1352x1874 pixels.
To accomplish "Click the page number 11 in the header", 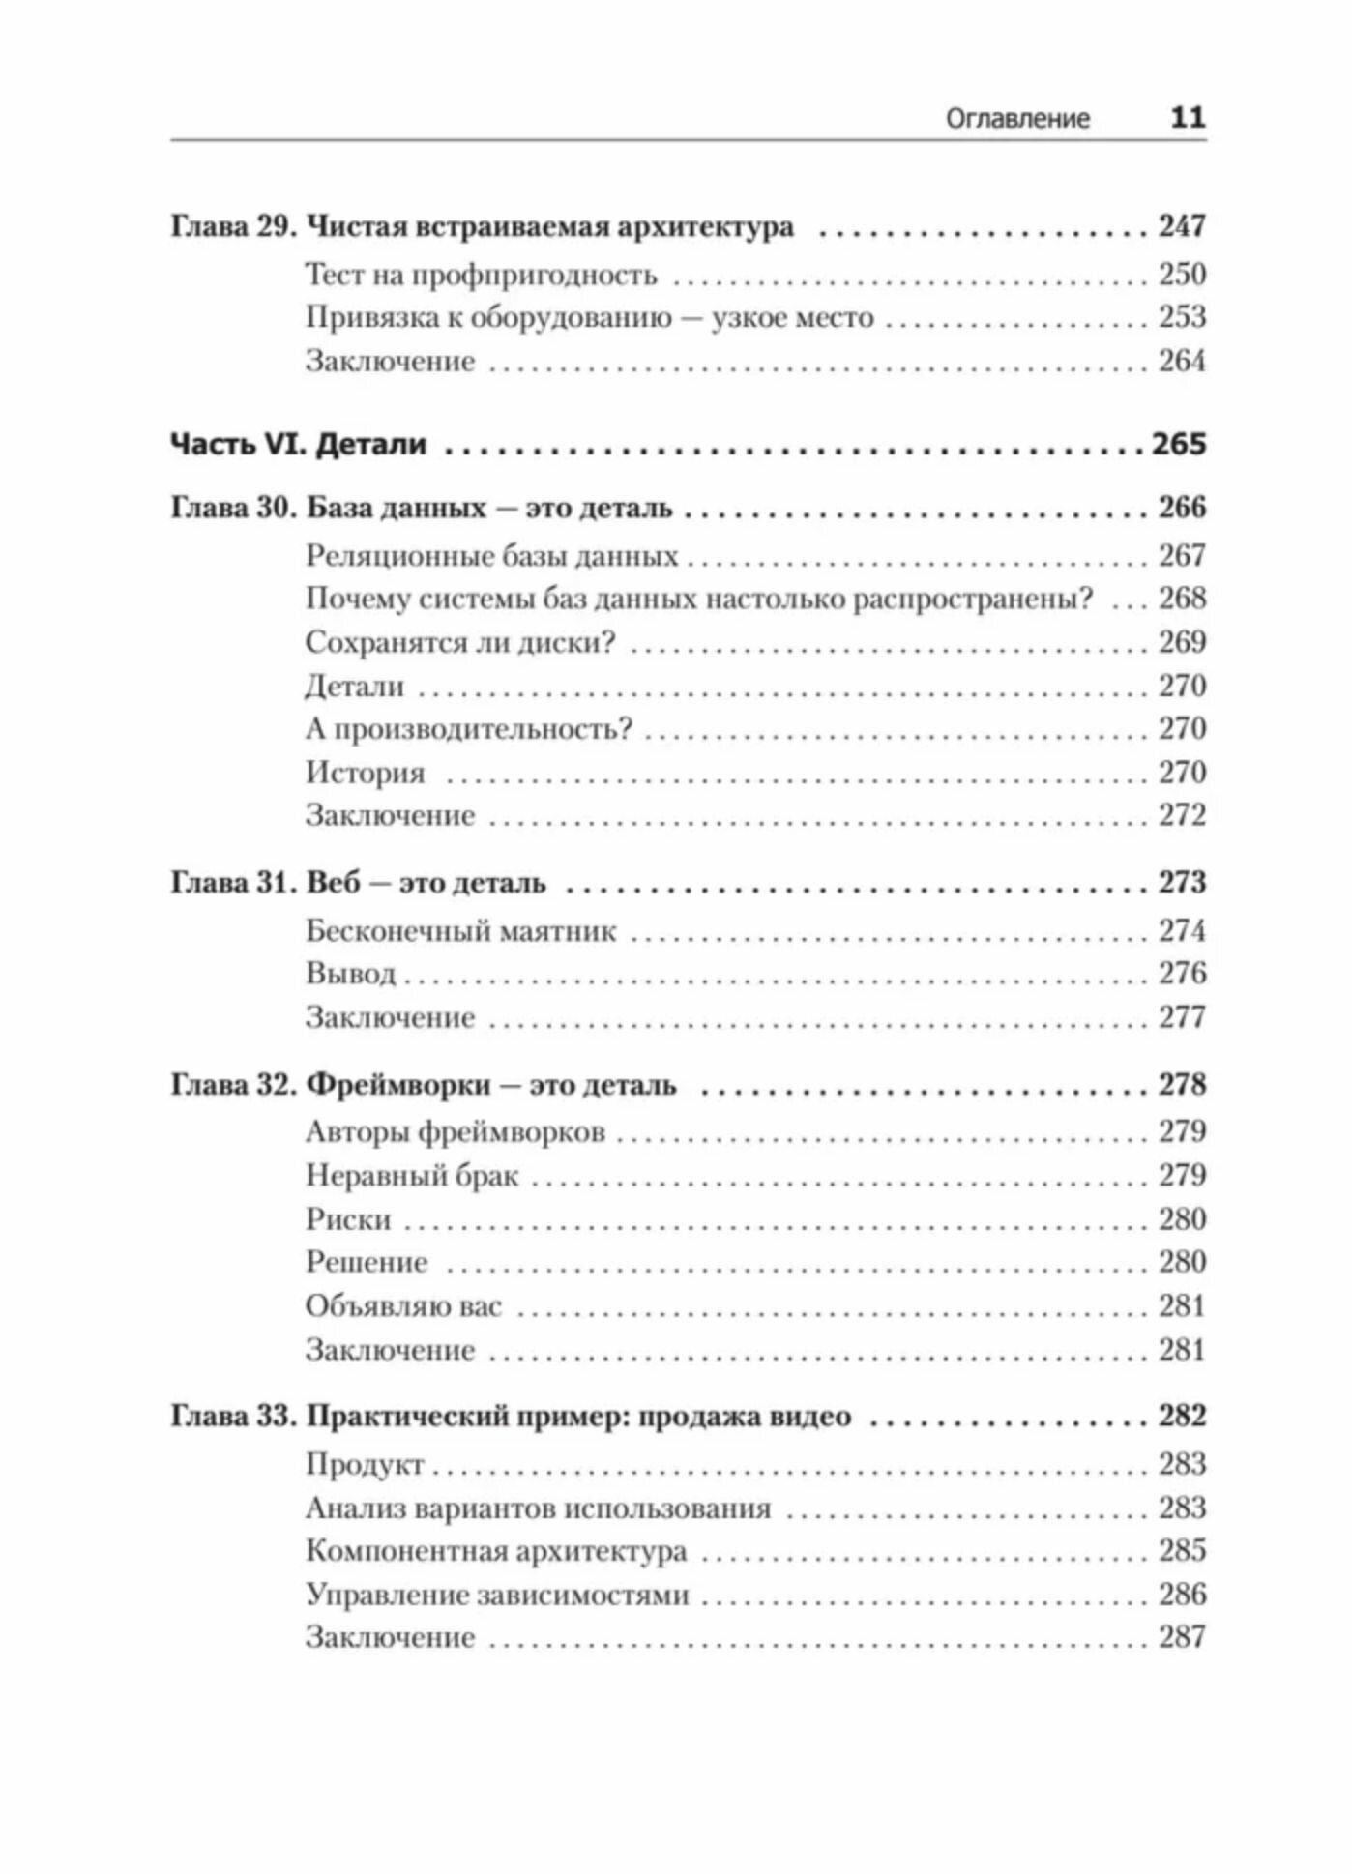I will point(1187,118).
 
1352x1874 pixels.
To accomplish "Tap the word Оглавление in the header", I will point(1017,119).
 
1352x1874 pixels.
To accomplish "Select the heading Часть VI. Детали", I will point(298,445).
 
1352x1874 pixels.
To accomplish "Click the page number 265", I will point(1179,445).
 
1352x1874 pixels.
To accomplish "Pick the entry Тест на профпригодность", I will point(481,276).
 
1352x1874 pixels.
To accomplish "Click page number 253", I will point(1182,317).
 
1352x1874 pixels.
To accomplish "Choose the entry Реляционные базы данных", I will point(491,557).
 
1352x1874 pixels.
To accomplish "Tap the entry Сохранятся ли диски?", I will point(460,643).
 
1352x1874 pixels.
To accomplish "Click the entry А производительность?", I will point(468,729).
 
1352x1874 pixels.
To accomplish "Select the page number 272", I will point(1182,815).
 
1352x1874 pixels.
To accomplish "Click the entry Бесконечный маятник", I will point(460,931).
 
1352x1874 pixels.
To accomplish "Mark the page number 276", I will point(1182,974).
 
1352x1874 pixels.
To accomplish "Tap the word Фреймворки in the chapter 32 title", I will point(397,1086).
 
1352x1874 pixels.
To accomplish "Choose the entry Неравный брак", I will point(412,1177).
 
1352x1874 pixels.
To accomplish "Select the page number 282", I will point(1182,1417).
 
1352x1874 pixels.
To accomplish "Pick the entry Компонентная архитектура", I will point(496,1552).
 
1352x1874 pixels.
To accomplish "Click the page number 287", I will point(1182,1638).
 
